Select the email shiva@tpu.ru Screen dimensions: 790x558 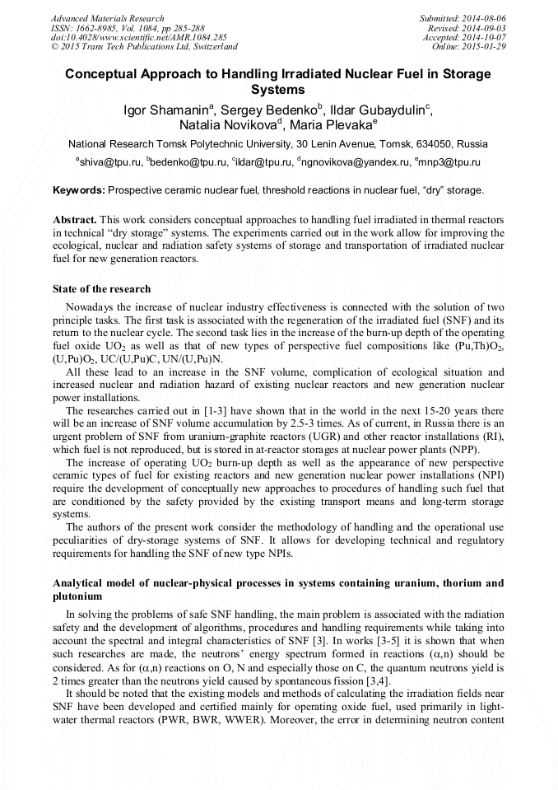point(109,163)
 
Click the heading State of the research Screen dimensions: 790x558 point(101,289)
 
